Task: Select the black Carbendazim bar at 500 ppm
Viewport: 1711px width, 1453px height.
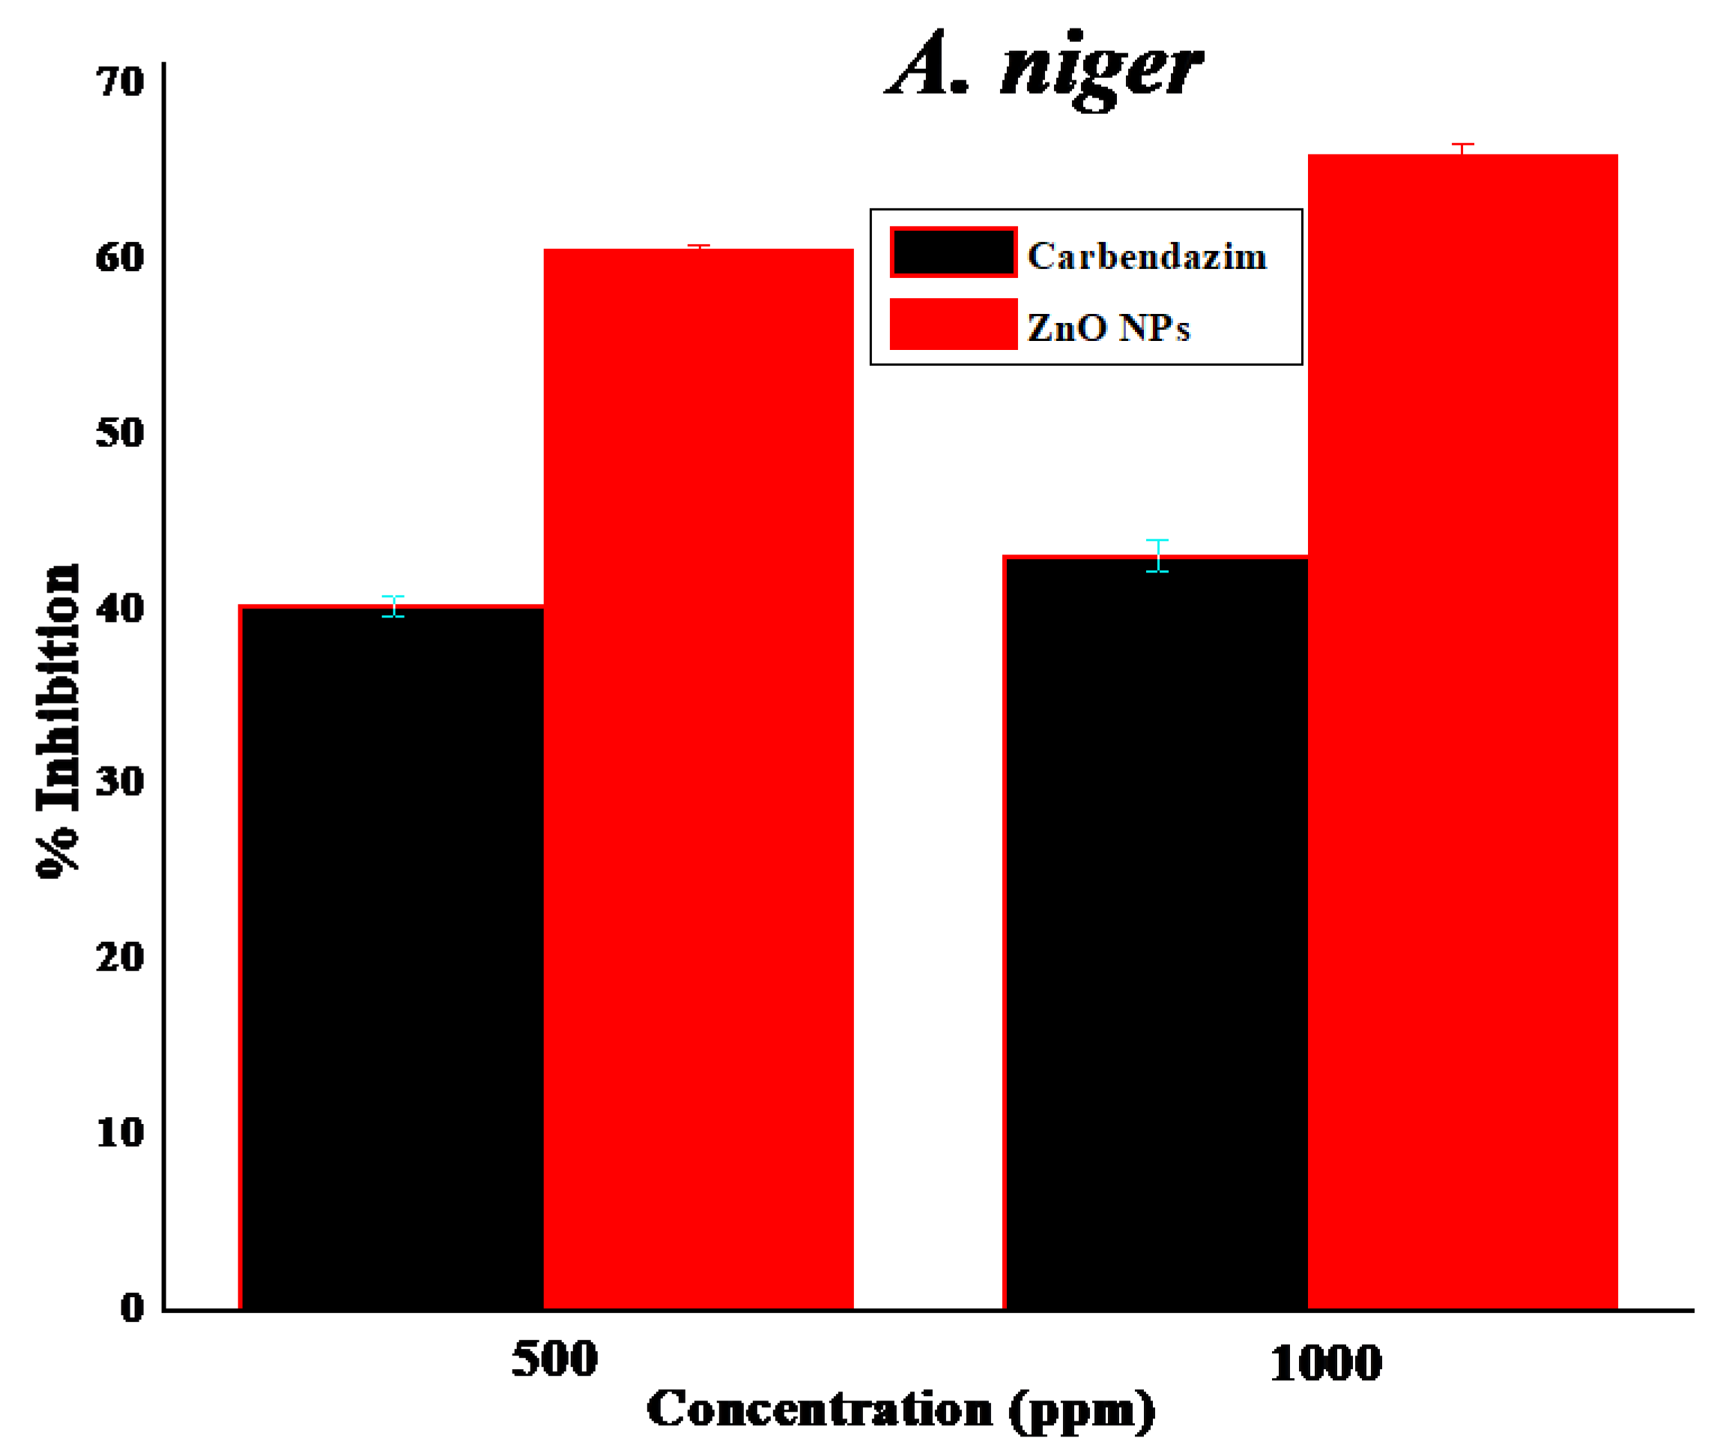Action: tap(392, 955)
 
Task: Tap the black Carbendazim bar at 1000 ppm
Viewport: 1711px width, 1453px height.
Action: tap(1155, 931)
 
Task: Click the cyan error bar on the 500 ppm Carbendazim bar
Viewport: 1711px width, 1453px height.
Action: tap(393, 606)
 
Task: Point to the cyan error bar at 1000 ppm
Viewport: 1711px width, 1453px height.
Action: tap(1157, 555)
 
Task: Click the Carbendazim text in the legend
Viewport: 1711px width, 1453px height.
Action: tap(1146, 256)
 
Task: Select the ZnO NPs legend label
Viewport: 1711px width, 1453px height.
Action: tap(1107, 327)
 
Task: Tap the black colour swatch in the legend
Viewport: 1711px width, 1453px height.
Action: tap(953, 252)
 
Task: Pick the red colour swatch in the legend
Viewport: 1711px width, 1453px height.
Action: tap(953, 324)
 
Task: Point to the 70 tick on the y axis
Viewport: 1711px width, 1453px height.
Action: tap(120, 82)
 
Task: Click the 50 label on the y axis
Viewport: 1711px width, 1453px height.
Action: tap(120, 432)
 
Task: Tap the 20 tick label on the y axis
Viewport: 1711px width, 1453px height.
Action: tap(120, 957)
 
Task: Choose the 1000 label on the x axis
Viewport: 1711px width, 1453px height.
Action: tap(1325, 1362)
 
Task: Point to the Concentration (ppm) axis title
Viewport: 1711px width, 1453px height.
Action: tap(900, 1410)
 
